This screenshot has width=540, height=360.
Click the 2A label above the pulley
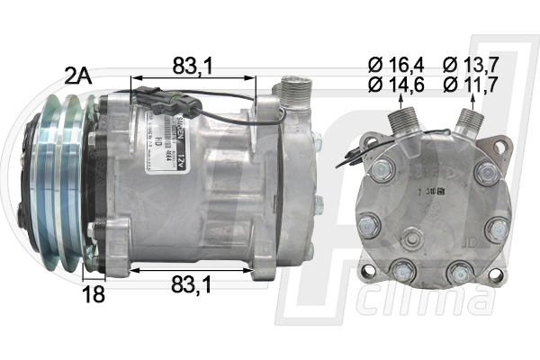click(79, 76)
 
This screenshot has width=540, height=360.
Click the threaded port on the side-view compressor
click(293, 93)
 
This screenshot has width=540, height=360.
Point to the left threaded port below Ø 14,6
click(399, 122)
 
